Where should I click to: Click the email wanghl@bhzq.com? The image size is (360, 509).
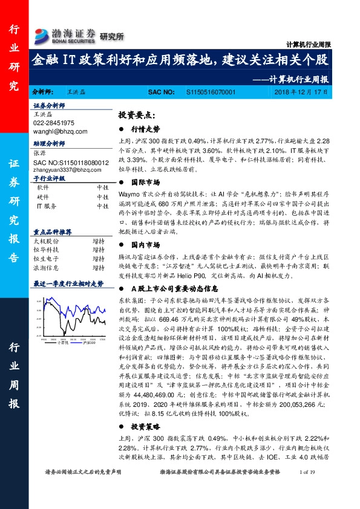(61, 131)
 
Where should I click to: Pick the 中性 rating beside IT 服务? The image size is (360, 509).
(102, 206)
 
